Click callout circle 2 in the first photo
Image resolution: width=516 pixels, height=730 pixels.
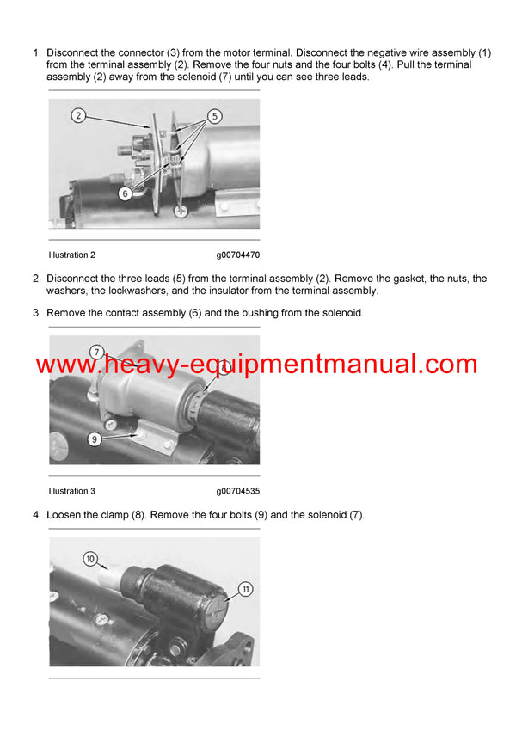pyautogui.click(x=77, y=115)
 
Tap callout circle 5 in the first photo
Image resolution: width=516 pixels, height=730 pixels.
pyautogui.click(x=214, y=115)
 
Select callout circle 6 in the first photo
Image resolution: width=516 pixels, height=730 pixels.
pyautogui.click(x=125, y=193)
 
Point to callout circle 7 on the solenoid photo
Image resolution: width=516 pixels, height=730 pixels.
pyautogui.click(x=96, y=351)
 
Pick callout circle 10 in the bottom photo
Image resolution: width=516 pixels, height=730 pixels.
pyautogui.click(x=90, y=559)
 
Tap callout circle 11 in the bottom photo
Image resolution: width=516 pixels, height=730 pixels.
pyautogui.click(x=245, y=589)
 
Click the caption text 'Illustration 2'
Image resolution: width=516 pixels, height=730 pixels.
pyautogui.click(x=72, y=255)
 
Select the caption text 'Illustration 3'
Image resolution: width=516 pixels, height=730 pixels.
pyautogui.click(x=72, y=491)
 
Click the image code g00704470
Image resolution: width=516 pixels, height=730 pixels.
pyautogui.click(x=237, y=255)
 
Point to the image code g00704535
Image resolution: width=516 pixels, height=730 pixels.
pyautogui.click(x=237, y=491)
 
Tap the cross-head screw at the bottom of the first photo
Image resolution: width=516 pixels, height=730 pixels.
pyautogui.click(x=181, y=209)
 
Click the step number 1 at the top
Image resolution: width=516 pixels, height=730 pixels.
pyautogui.click(x=36, y=52)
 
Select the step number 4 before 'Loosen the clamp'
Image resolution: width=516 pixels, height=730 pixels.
pyautogui.click(x=36, y=515)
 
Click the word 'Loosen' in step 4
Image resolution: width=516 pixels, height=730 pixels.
pyautogui.click(x=65, y=515)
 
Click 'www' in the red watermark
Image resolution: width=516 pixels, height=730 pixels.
pyautogui.click(x=64, y=365)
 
